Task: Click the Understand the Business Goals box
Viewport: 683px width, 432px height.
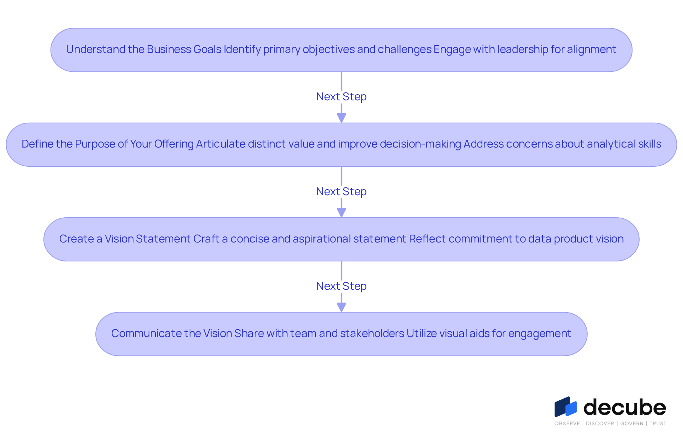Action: (x=341, y=50)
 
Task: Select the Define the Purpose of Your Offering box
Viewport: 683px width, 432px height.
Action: (x=341, y=145)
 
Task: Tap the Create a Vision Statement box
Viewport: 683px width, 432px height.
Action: (x=341, y=239)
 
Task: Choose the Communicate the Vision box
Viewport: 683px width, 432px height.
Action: (x=341, y=334)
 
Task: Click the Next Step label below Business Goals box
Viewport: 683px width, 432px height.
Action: (x=341, y=97)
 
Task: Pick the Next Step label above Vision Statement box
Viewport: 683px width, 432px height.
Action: (x=341, y=192)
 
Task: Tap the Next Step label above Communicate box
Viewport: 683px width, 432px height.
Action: (x=341, y=286)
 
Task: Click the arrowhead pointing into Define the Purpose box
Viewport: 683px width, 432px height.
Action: (x=341, y=118)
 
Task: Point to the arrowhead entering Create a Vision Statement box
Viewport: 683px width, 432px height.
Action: (x=341, y=213)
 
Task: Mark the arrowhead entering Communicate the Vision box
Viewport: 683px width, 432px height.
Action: (x=341, y=307)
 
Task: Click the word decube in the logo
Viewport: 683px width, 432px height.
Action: (x=625, y=407)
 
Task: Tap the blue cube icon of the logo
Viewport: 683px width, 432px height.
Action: (x=566, y=407)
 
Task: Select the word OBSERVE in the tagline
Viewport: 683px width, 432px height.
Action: (x=567, y=423)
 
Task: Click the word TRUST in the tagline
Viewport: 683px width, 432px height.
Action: (x=658, y=423)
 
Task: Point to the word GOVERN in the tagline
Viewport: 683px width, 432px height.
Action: (x=632, y=423)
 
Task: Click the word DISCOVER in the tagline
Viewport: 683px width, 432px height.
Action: (x=600, y=423)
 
